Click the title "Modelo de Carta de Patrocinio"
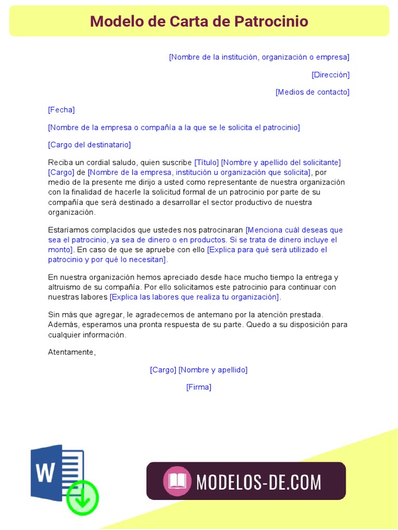[199, 21]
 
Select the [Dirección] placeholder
[331, 75]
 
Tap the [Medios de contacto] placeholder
[312, 92]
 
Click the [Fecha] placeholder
[61, 110]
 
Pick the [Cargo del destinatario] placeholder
[89, 145]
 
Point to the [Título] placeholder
[206, 163]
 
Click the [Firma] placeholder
[199, 387]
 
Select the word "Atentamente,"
[72, 352]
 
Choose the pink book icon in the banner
[177, 481]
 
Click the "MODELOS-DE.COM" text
[259, 482]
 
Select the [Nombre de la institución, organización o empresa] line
[259, 57]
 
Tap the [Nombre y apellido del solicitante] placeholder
[281, 163]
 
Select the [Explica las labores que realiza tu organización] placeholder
[195, 297]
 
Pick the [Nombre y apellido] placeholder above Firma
[213, 370]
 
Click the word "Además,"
[63, 325]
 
